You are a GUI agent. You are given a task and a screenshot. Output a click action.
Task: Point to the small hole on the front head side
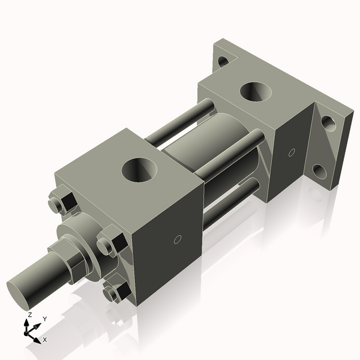pos(177,240)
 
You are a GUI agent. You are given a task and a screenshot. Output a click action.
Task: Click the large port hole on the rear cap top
pos(256,91)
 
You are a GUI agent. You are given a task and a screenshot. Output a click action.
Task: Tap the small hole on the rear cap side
pos(292,152)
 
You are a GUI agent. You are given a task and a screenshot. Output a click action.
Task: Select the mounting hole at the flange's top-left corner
pos(223,61)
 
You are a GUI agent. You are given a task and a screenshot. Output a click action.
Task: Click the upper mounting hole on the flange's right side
pos(328,123)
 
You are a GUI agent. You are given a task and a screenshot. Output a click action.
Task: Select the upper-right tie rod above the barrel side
pos(231,156)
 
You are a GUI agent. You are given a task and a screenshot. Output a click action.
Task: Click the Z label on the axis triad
pos(29,314)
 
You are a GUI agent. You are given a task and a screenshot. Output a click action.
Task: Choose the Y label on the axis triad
pos(44,318)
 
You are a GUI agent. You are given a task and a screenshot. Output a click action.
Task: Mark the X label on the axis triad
pos(44,340)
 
